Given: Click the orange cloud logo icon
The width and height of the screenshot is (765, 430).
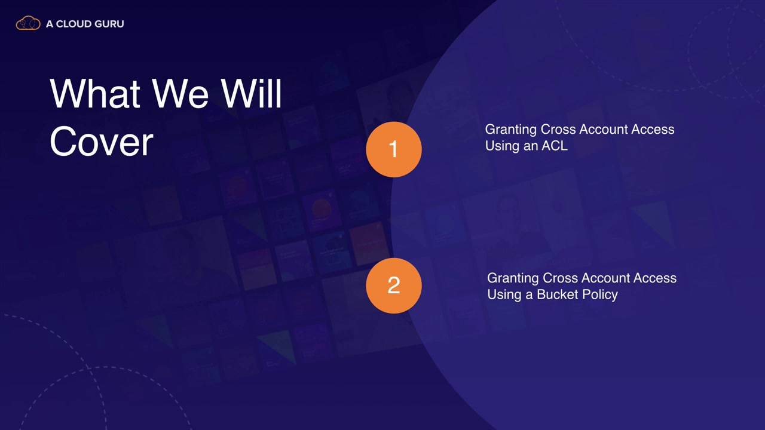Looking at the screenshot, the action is point(28,23).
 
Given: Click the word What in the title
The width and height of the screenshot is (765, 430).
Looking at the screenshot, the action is point(94,93).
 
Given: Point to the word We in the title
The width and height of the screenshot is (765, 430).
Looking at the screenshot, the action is point(180,93).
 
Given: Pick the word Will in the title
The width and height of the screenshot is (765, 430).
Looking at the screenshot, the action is point(251,93).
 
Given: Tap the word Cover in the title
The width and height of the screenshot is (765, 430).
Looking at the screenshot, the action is point(102,141).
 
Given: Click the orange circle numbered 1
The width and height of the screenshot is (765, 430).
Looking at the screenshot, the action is point(394,149).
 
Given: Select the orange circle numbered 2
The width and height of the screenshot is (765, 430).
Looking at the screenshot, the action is point(394,285).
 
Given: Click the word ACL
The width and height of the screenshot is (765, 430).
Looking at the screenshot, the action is point(555,146).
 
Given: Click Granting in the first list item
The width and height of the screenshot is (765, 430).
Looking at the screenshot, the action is point(511,130).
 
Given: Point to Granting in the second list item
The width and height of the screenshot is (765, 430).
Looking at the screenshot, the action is point(513,278).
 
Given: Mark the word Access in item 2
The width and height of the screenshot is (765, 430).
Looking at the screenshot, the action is point(655,278).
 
